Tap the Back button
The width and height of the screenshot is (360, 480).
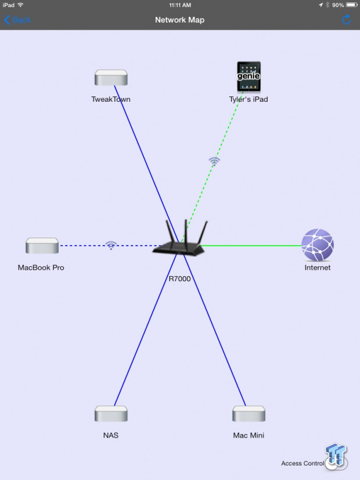(x=17, y=20)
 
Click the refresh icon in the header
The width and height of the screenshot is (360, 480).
(x=346, y=20)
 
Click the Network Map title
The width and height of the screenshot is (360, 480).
(x=179, y=20)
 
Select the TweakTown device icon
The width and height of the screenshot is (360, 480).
(x=111, y=78)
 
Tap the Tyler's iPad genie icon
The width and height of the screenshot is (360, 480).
(x=249, y=77)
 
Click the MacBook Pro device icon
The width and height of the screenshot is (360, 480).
(x=42, y=245)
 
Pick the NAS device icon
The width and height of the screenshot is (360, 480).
(x=111, y=414)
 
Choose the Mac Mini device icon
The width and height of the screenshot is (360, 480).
(x=249, y=414)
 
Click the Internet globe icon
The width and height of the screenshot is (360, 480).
(x=318, y=245)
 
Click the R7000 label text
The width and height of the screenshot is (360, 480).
(x=179, y=278)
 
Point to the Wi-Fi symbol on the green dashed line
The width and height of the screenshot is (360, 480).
(x=214, y=161)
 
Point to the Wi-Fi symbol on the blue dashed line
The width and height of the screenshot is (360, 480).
(x=111, y=245)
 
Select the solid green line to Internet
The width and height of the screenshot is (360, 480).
(x=251, y=245)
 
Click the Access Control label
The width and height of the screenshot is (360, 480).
(x=303, y=463)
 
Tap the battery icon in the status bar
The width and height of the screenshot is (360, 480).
(x=352, y=5)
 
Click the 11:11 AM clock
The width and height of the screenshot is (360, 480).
(x=180, y=5)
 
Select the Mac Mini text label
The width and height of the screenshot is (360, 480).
(x=249, y=435)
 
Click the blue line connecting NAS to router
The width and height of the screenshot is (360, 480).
(x=146, y=329)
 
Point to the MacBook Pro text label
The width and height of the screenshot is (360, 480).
(x=41, y=267)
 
